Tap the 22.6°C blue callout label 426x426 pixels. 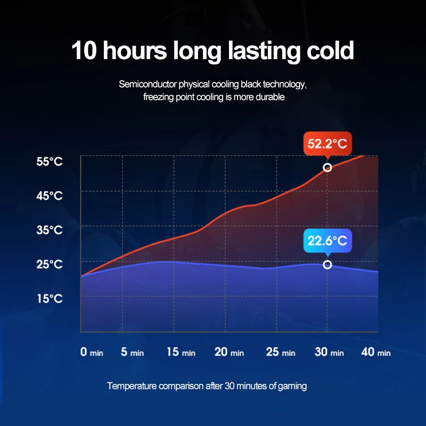pos(327,241)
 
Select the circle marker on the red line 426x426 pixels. pos(327,168)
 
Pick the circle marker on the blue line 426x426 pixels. pos(327,265)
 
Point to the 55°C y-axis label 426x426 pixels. pos(50,161)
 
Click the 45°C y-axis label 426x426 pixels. pos(50,196)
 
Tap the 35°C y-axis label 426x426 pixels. pos(50,230)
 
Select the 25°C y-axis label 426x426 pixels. pos(50,264)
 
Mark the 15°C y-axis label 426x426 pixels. pos(50,298)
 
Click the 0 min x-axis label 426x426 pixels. pos(92,352)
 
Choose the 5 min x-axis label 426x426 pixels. pos(132,352)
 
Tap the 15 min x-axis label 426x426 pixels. pos(181,352)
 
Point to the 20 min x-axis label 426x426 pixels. pos(229,352)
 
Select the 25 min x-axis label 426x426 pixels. pos(280,352)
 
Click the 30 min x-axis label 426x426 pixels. pos(329,352)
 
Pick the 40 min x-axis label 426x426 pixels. pos(376,352)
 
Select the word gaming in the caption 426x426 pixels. pos(293,386)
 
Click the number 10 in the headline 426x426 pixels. pos(84,51)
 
